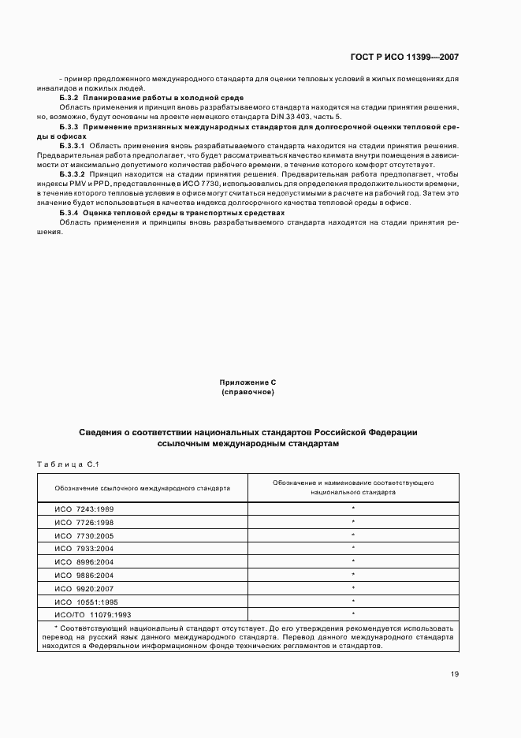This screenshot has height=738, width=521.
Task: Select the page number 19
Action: [455, 674]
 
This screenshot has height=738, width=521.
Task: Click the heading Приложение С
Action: [247, 382]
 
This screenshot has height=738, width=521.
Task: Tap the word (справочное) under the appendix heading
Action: [247, 391]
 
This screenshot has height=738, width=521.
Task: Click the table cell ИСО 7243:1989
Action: [84, 509]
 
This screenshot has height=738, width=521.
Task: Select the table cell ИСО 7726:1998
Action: [84, 522]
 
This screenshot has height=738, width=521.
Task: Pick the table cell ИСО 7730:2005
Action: [84, 535]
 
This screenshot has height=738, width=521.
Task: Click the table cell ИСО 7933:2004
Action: [84, 547]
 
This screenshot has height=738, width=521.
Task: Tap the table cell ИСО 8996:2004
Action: [84, 561]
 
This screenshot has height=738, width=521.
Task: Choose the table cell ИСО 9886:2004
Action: [84, 575]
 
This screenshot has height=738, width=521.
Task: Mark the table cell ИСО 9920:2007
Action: [84, 587]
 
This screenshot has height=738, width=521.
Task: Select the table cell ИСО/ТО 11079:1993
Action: [92, 613]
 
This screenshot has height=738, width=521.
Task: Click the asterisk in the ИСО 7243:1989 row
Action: [353, 509]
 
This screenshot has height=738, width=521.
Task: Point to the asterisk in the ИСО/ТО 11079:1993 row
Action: [353, 613]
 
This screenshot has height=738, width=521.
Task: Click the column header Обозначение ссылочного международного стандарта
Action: [143, 488]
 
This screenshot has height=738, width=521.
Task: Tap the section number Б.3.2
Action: [69, 97]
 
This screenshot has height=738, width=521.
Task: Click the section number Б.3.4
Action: [69, 213]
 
